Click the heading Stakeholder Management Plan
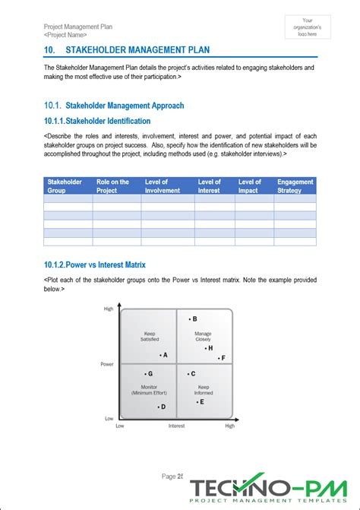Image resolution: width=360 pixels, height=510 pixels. [135, 51]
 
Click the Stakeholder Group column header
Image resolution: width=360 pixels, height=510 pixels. [67, 185]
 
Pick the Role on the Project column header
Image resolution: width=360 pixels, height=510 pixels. [115, 185]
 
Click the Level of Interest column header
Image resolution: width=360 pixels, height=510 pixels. [211, 185]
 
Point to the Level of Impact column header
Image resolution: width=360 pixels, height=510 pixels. [251, 185]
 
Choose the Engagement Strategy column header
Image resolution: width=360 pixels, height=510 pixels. [294, 185]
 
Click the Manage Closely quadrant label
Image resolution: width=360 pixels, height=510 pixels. [204, 336]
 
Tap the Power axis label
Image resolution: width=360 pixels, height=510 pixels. [107, 364]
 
